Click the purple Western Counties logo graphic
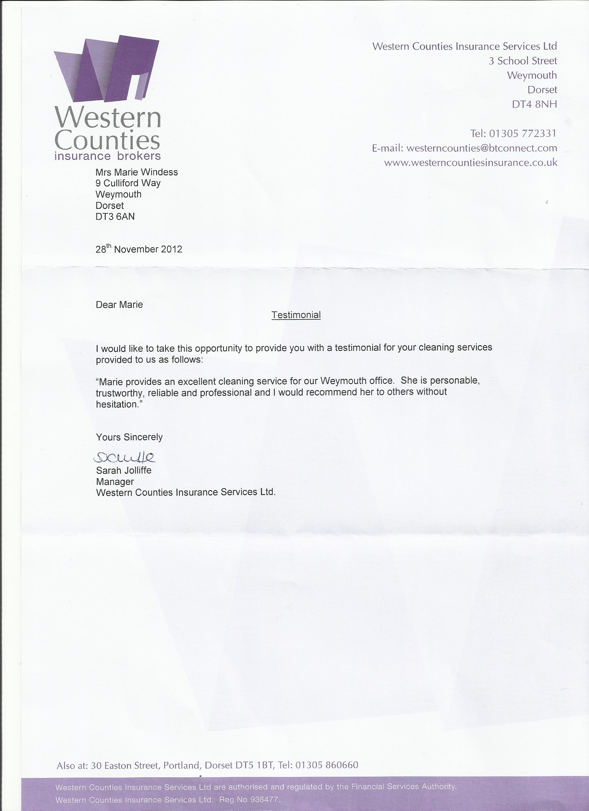106,68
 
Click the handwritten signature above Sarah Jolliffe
124,456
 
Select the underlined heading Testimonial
296,315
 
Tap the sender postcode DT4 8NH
534,104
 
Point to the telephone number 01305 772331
522,134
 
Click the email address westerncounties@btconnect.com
482,148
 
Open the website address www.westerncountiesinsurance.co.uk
471,163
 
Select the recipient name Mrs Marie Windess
137,172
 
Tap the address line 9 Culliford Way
128,183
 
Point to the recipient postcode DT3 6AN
115,216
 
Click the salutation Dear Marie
119,305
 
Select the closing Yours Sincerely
129,437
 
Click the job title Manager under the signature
115,481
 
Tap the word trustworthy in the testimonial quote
118,393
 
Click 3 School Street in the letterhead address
522,61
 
